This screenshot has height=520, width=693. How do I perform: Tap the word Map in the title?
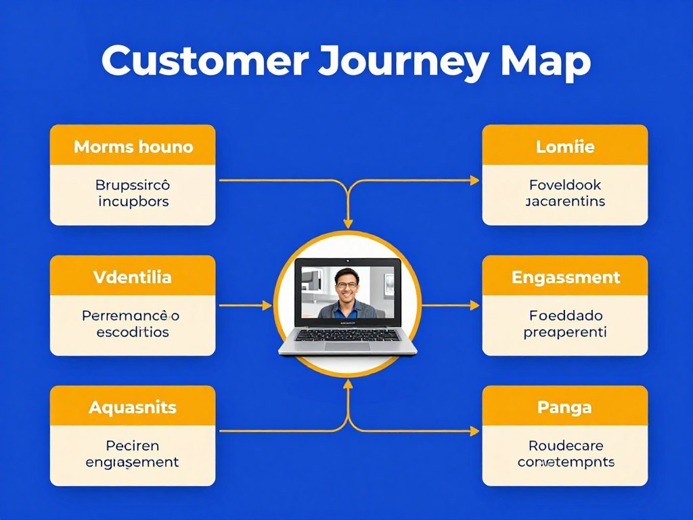click(545, 62)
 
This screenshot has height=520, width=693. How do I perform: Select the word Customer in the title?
click(204, 62)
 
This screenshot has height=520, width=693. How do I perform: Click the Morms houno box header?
click(133, 146)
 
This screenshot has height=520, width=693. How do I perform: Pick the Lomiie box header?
click(565, 146)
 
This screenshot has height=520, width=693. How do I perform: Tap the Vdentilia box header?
click(132, 277)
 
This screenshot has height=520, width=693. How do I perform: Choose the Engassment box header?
click(565, 277)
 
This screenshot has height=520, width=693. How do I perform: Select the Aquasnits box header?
click(133, 408)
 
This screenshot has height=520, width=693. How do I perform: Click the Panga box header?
click(564, 408)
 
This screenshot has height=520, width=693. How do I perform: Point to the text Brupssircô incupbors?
click(133, 193)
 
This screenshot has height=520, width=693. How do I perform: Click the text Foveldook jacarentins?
click(565, 193)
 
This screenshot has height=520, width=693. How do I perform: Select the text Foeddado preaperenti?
click(565, 324)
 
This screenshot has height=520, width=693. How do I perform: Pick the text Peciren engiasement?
click(133, 454)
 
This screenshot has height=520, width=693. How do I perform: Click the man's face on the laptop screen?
click(346, 285)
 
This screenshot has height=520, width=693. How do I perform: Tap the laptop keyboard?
click(348, 334)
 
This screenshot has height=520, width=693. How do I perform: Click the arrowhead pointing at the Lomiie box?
click(474, 180)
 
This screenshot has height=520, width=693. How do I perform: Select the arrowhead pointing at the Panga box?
click(474, 431)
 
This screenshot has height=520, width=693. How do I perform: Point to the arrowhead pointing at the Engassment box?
click(474, 306)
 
